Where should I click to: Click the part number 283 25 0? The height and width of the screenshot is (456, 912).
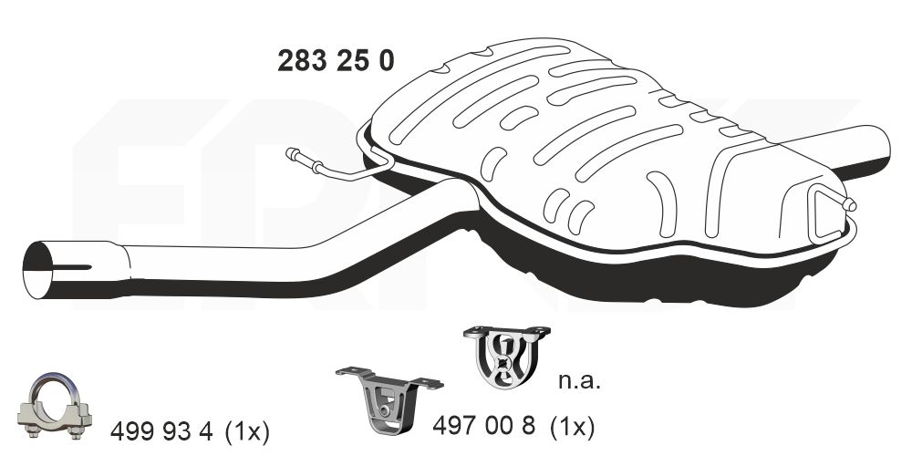coord(336,60)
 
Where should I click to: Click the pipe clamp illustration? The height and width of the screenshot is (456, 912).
coord(56,408)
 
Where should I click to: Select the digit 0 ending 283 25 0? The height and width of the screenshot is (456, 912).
coord(387,60)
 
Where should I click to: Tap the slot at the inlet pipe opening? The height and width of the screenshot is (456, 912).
coord(77,267)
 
